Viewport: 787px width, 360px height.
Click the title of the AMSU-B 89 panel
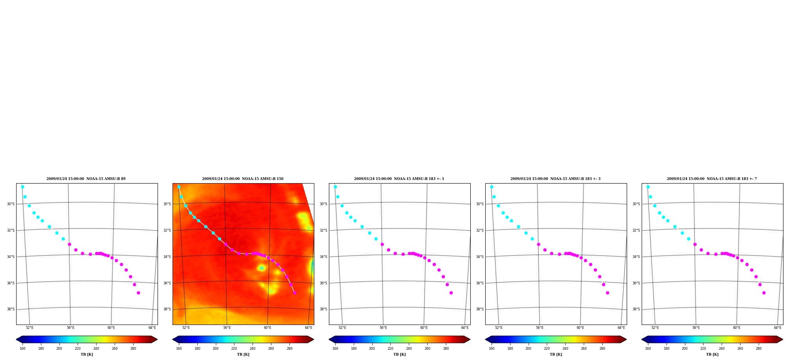(x=86, y=179)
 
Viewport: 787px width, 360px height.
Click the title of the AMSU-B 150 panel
(x=243, y=179)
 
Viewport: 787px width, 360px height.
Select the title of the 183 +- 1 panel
(x=399, y=179)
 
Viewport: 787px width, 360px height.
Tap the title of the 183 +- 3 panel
(x=555, y=179)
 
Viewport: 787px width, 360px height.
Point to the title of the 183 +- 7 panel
(x=712, y=179)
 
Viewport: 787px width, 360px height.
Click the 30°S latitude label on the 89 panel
(x=11, y=204)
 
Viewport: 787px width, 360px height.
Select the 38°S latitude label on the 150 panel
(x=167, y=309)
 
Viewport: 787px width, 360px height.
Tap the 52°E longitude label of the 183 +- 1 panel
(x=342, y=328)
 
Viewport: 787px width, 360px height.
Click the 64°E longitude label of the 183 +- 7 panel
(x=778, y=328)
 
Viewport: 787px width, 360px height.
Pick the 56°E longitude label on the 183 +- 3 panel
(x=540, y=328)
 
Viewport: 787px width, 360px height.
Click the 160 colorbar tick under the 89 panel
(x=22, y=349)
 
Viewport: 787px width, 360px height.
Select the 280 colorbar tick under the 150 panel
(x=290, y=349)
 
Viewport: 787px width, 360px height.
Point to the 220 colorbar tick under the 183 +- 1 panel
(x=390, y=349)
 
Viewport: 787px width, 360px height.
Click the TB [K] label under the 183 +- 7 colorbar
(x=712, y=354)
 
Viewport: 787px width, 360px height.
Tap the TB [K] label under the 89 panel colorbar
(x=87, y=354)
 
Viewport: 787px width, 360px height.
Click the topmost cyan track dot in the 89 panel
(x=22, y=187)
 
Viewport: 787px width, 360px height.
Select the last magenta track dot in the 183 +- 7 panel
(x=764, y=293)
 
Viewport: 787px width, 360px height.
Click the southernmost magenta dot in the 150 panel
(x=295, y=293)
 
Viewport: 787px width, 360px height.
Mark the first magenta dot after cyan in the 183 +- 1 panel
(x=382, y=244)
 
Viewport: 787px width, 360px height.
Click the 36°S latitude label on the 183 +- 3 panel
(x=480, y=283)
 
